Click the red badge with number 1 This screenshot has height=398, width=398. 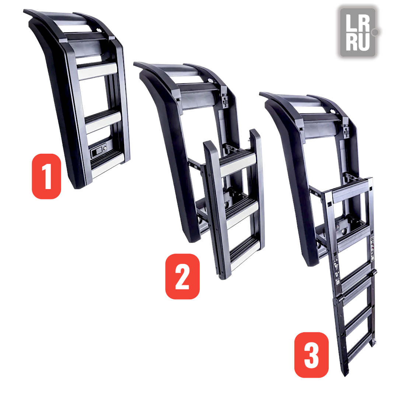point(46,176)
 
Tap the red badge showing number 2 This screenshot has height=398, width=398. point(182,276)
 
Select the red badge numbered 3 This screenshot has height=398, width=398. point(311,355)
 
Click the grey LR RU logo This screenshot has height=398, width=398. point(358,32)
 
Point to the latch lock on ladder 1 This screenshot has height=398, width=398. point(99,149)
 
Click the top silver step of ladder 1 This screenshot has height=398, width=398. point(97,71)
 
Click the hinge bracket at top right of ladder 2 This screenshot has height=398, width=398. point(224,99)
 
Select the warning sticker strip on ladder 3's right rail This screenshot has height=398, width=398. point(373,249)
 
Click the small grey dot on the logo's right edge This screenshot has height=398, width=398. point(375,32)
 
